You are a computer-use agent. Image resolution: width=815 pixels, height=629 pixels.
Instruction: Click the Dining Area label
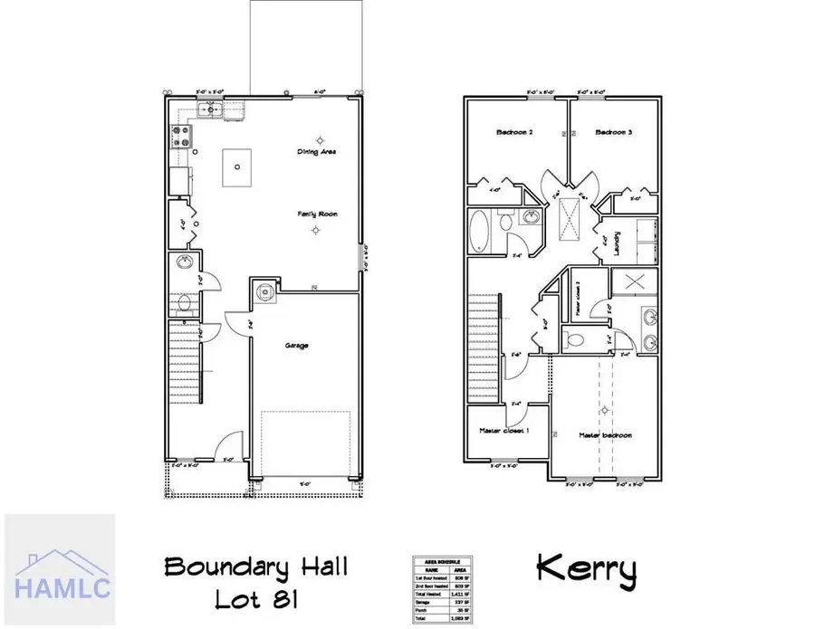317,152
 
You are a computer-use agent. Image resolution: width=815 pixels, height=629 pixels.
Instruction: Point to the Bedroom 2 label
514,133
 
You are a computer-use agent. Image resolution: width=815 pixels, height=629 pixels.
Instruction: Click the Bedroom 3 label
613,133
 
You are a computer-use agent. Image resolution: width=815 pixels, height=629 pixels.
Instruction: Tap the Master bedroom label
607,435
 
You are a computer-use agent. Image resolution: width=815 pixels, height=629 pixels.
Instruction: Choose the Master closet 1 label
504,431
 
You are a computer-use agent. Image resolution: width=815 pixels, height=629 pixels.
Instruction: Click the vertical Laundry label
616,245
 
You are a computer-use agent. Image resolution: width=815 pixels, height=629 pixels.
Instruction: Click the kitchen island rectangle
235,167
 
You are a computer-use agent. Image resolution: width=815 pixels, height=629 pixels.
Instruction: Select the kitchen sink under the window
211,110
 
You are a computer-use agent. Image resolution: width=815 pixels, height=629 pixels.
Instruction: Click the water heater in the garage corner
264,291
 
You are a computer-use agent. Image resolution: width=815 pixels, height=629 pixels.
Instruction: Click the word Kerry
586,569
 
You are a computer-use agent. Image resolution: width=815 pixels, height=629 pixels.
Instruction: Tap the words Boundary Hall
256,569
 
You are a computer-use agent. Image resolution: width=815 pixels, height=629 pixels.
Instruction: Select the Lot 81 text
257,600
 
